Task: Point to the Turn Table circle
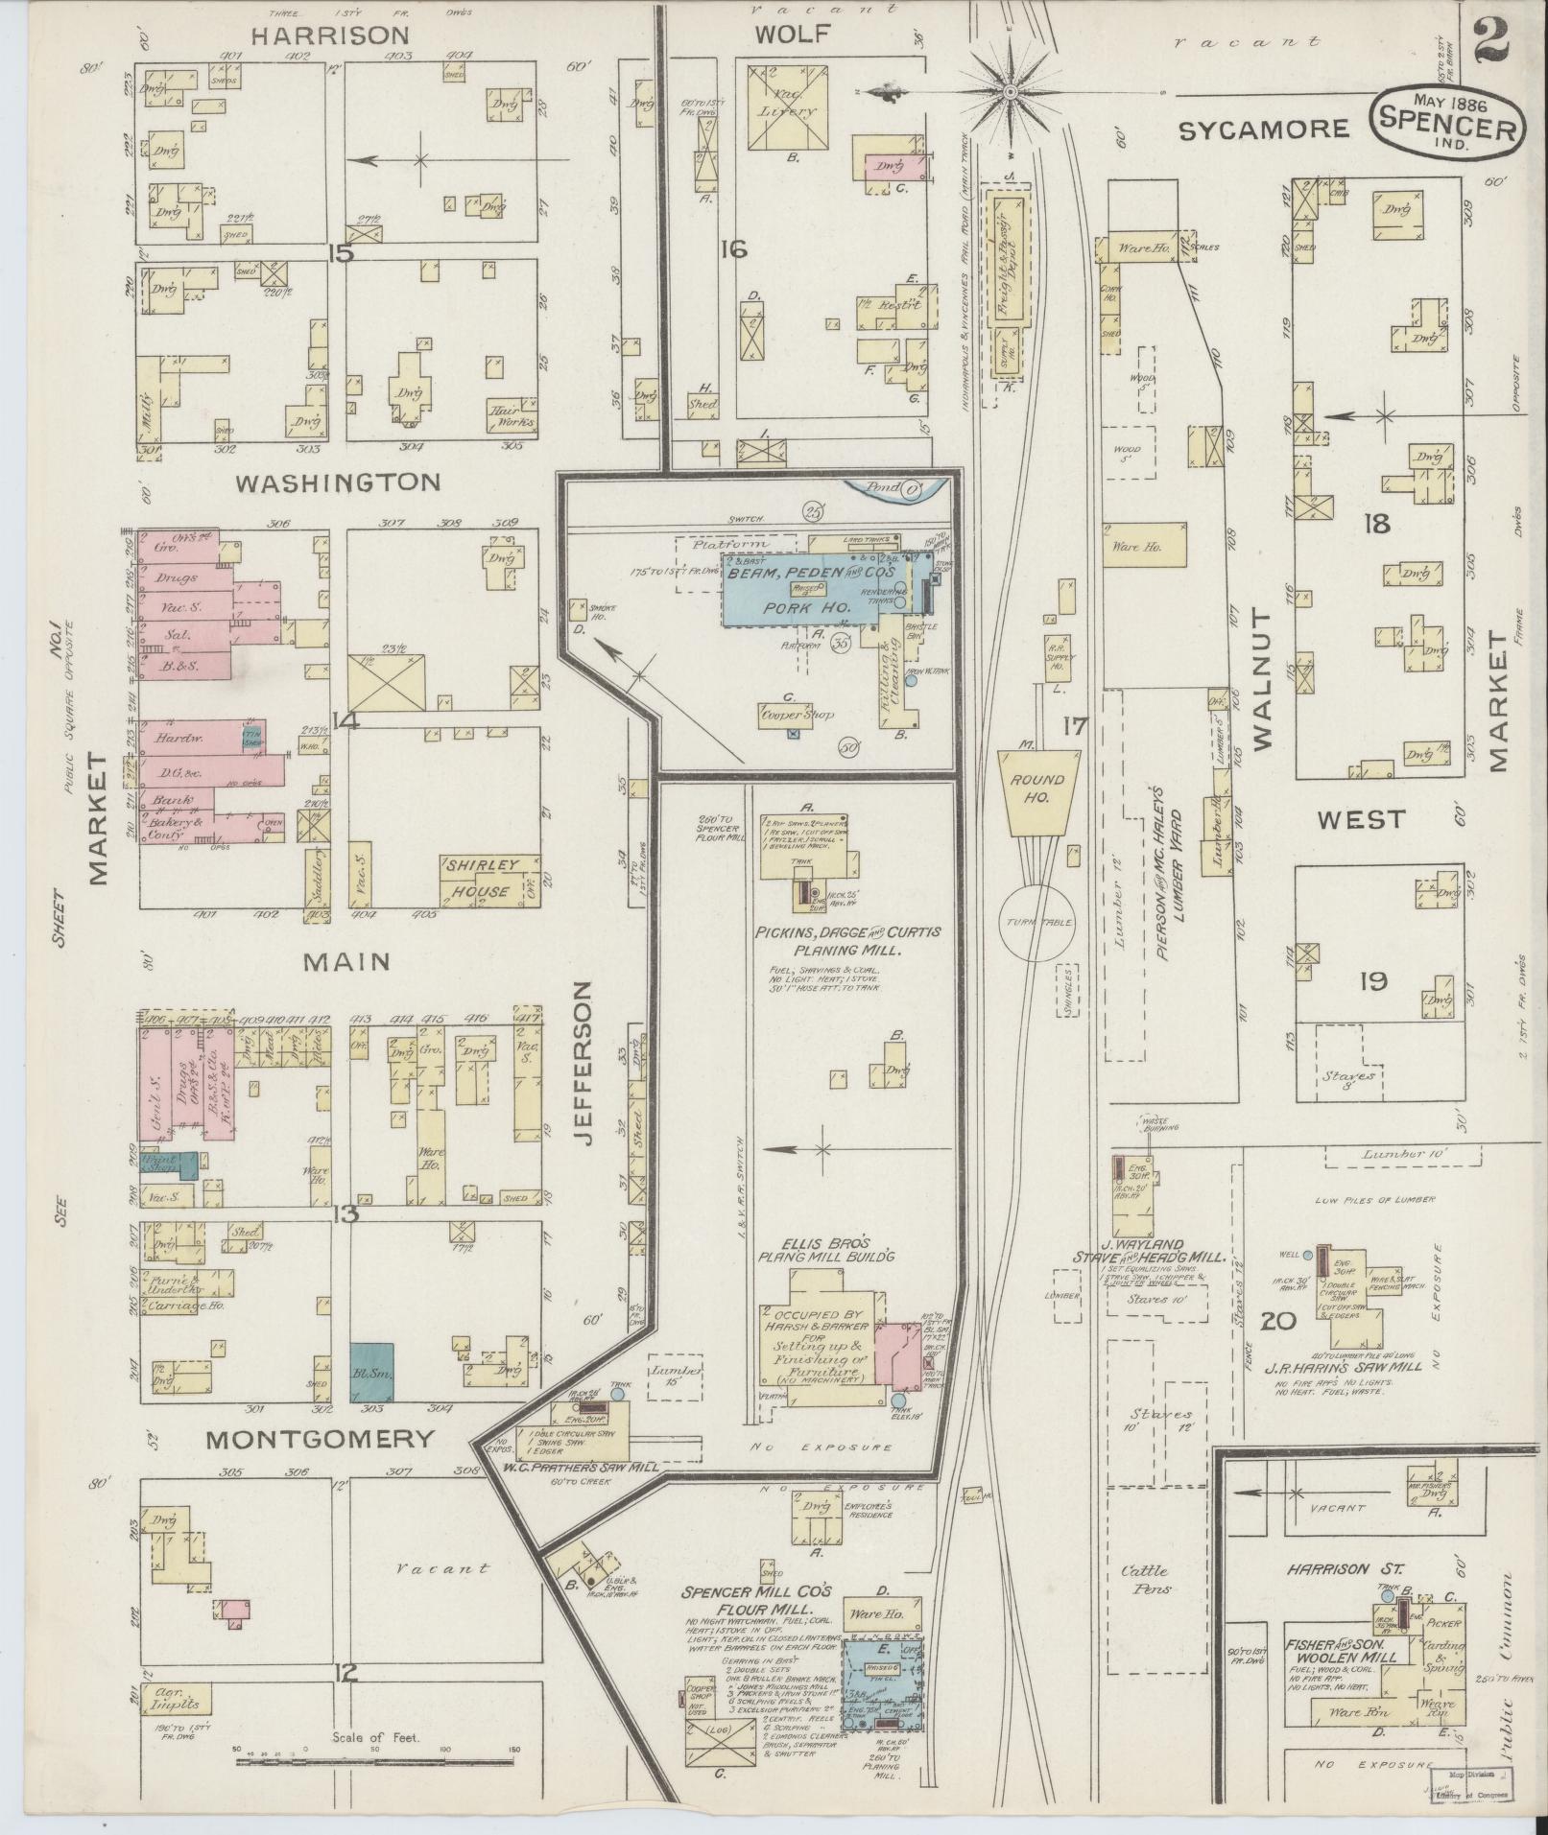(x=1037, y=922)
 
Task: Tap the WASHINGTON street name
(x=338, y=482)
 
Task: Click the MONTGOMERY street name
(x=320, y=1439)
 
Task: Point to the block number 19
(x=1373, y=982)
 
